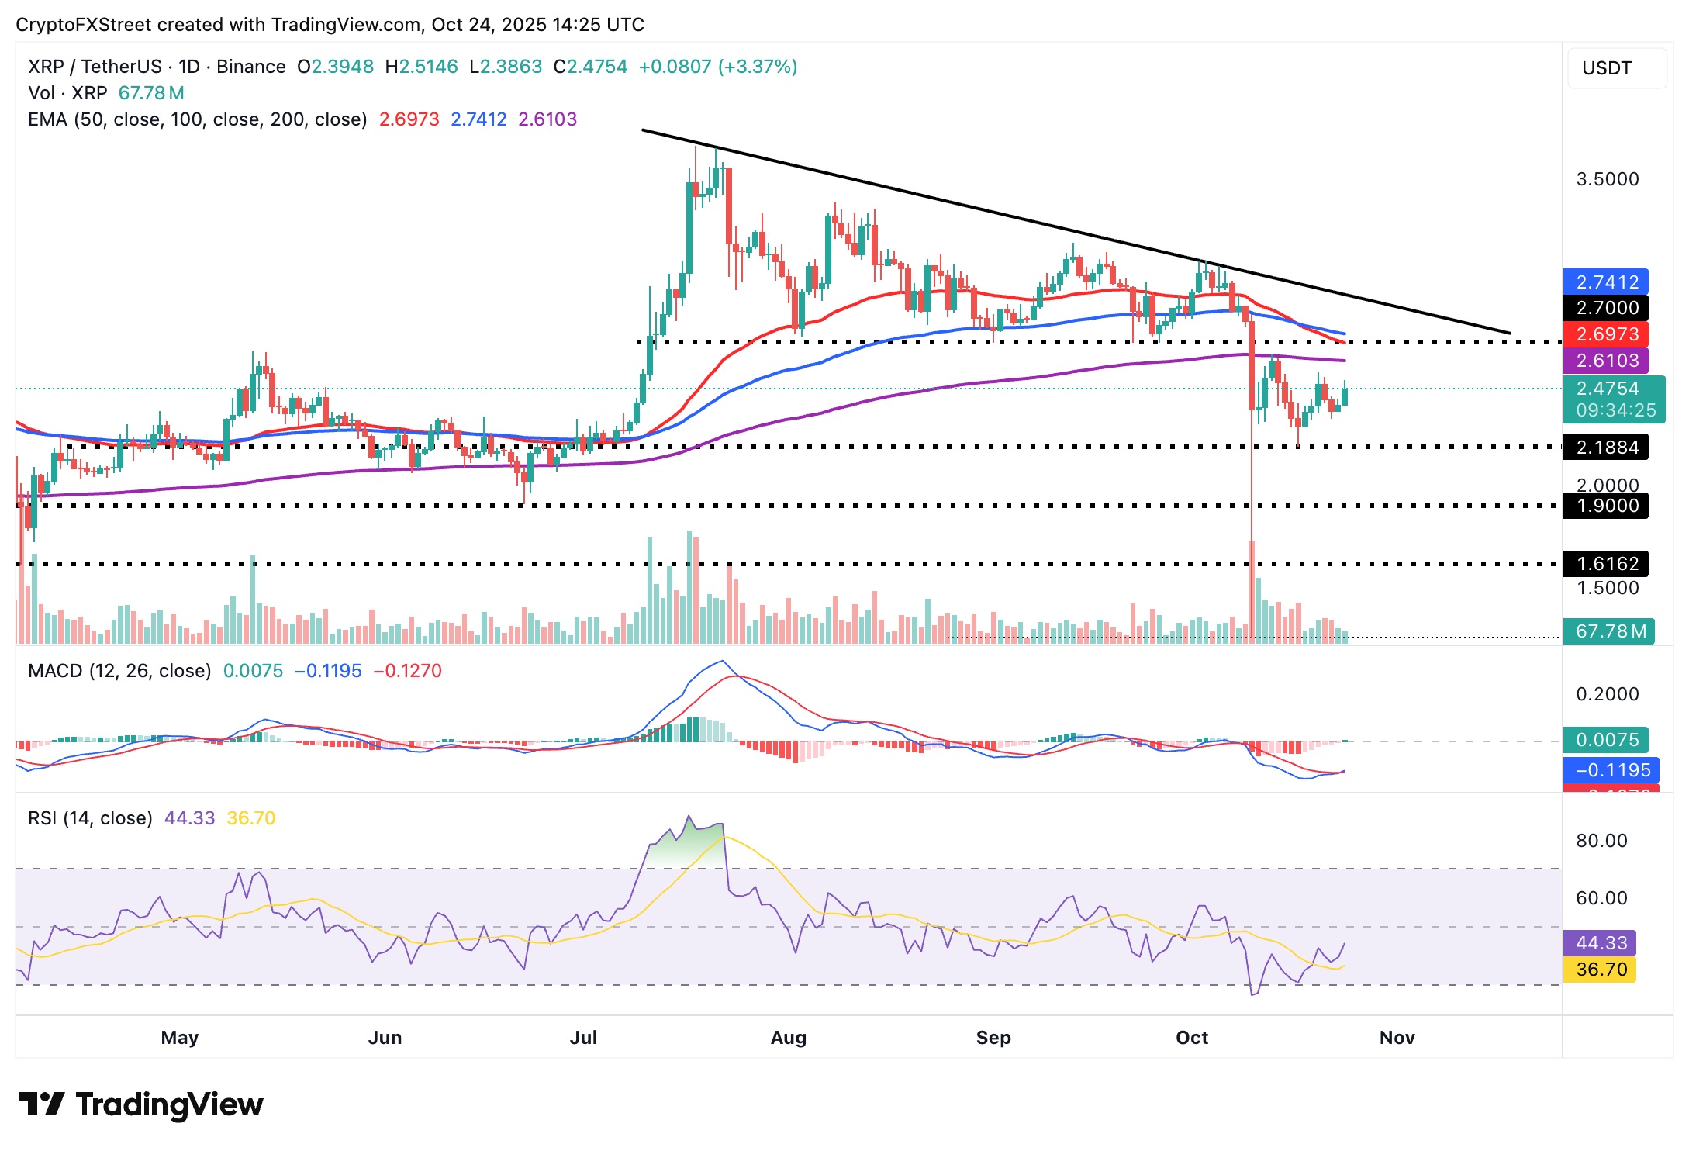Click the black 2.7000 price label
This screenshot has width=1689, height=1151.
pyautogui.click(x=1606, y=308)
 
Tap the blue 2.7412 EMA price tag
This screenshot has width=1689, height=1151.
pyautogui.click(x=1606, y=282)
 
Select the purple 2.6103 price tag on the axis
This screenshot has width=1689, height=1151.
pyautogui.click(x=1606, y=361)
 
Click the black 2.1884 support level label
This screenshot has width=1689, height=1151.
pyautogui.click(x=1606, y=448)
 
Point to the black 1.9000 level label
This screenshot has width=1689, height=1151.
pyautogui.click(x=1606, y=506)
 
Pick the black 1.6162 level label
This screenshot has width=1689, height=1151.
pyautogui.click(x=1606, y=564)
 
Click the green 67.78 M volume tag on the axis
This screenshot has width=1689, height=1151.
pyautogui.click(x=1609, y=631)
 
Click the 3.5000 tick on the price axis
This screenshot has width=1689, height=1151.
pyautogui.click(x=1607, y=179)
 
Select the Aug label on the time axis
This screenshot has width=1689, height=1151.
pyautogui.click(x=788, y=1038)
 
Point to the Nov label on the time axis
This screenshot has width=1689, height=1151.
pyautogui.click(x=1397, y=1038)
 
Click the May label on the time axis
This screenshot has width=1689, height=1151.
pyautogui.click(x=180, y=1038)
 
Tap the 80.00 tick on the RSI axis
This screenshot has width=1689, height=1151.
pyautogui.click(x=1601, y=841)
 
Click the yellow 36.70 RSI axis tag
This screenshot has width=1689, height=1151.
pyautogui.click(x=1601, y=970)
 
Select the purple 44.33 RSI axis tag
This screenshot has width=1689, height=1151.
pyautogui.click(x=1601, y=943)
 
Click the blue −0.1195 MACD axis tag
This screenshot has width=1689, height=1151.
pyautogui.click(x=1611, y=770)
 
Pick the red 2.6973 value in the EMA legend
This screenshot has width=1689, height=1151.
pyautogui.click(x=409, y=119)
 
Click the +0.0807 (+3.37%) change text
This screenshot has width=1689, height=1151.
pyautogui.click(x=717, y=67)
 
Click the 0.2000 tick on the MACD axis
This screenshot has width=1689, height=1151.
pyautogui.click(x=1607, y=694)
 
